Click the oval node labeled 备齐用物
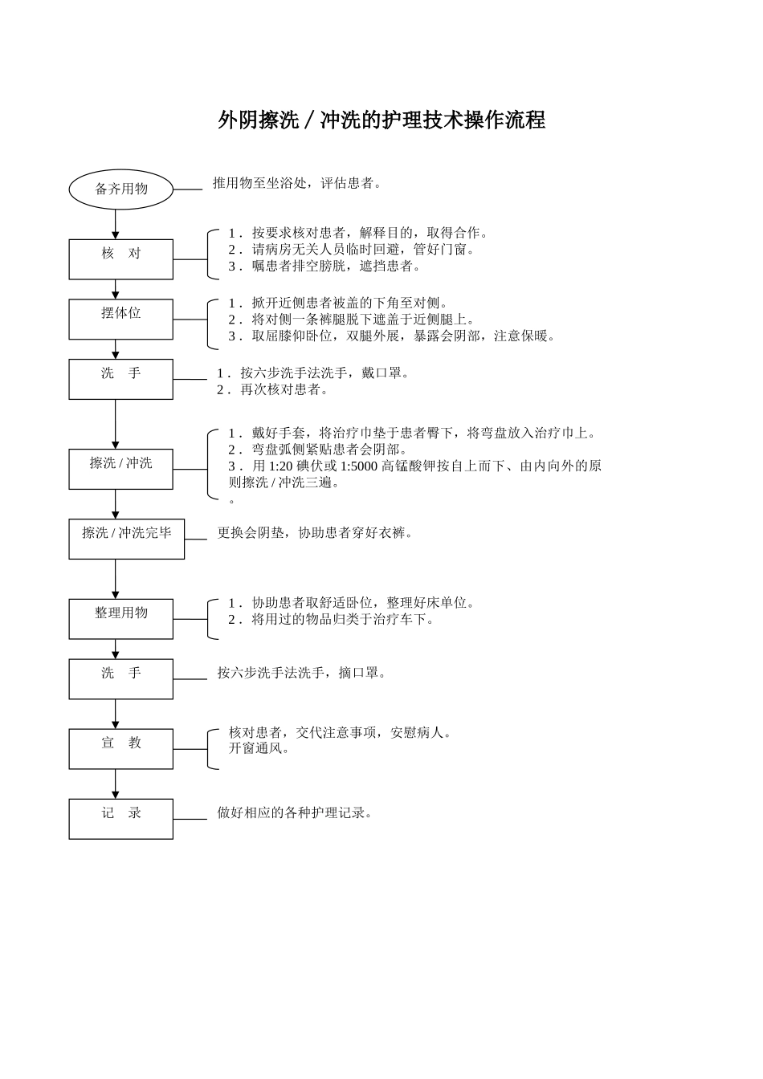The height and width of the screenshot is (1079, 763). pos(120,189)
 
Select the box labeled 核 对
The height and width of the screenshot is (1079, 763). pos(120,259)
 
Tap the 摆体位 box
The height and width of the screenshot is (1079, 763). pos(120,319)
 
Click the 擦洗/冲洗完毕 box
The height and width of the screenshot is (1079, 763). pos(126,539)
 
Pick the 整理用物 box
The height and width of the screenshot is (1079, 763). pos(120,619)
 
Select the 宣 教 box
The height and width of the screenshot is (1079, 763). pos(120,749)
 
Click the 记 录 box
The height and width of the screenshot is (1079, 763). pos(120,819)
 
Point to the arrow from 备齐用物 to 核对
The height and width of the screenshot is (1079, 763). pos(115,225)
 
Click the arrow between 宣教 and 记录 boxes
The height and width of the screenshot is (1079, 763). pos(115,784)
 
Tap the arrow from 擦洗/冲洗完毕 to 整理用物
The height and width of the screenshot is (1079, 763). pos(115,579)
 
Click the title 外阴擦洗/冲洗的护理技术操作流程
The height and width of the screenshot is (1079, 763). pos(381,120)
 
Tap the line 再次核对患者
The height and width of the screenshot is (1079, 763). pos(273,389)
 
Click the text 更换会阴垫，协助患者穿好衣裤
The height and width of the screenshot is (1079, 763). pos(315,532)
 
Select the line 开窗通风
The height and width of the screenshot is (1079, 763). pos(260,748)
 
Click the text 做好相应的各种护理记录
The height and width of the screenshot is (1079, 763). pos(295,812)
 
